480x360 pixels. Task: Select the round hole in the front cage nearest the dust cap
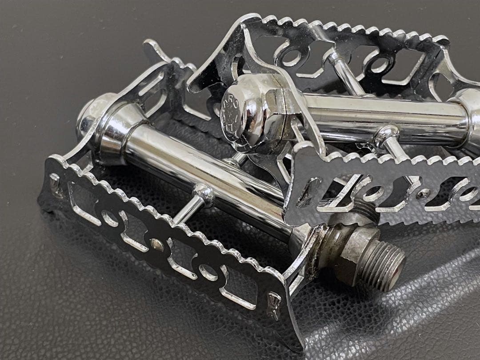[x=110, y=218]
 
